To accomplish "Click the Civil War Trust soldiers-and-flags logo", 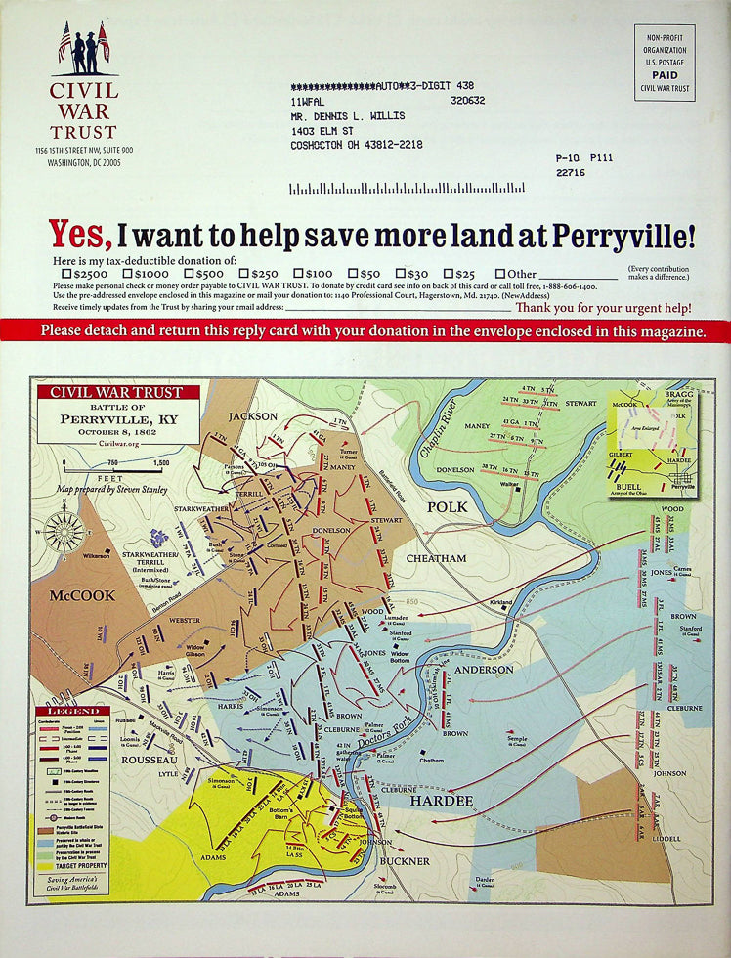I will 84,49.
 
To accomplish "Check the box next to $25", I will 449,275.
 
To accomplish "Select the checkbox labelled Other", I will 499,275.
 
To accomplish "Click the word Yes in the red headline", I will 80,235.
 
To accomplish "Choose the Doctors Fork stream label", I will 387,733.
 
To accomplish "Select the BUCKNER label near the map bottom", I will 405,861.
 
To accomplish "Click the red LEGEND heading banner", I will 67,711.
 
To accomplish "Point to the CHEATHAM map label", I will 437,558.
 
